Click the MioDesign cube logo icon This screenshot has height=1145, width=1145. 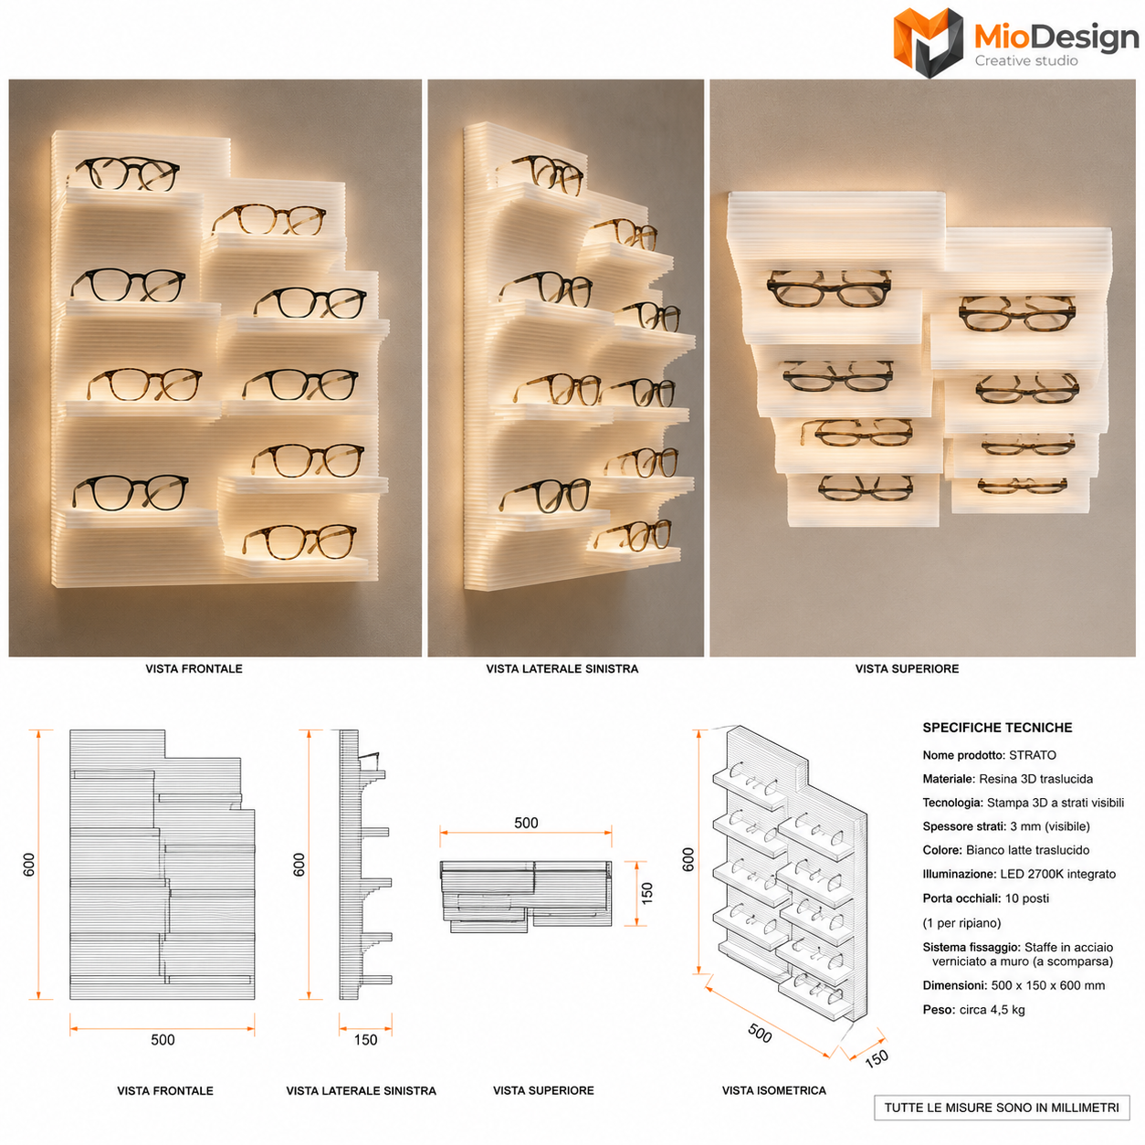click(928, 42)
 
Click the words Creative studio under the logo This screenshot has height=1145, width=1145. click(1026, 60)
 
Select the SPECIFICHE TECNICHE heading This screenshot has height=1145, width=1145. click(997, 728)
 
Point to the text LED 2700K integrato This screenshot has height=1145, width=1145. click(1057, 874)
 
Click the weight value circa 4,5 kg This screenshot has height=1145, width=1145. click(992, 1010)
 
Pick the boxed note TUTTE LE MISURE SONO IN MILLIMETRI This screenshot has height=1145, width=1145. click(1002, 1108)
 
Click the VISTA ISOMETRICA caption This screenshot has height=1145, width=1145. click(773, 1090)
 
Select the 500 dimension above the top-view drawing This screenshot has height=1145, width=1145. click(526, 823)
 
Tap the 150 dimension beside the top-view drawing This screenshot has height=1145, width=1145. click(647, 893)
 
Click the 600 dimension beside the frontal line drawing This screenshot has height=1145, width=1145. click(29, 865)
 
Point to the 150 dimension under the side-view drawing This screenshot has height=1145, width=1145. click(365, 1040)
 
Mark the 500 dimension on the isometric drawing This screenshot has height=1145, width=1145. click(760, 1034)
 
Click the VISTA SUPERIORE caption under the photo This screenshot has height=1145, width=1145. click(907, 668)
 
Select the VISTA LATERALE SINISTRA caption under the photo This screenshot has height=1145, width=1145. click(562, 668)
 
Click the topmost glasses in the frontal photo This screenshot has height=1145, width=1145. click(127, 173)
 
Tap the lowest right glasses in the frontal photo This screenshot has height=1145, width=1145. click(300, 541)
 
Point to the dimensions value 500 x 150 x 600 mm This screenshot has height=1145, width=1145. click(1047, 985)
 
